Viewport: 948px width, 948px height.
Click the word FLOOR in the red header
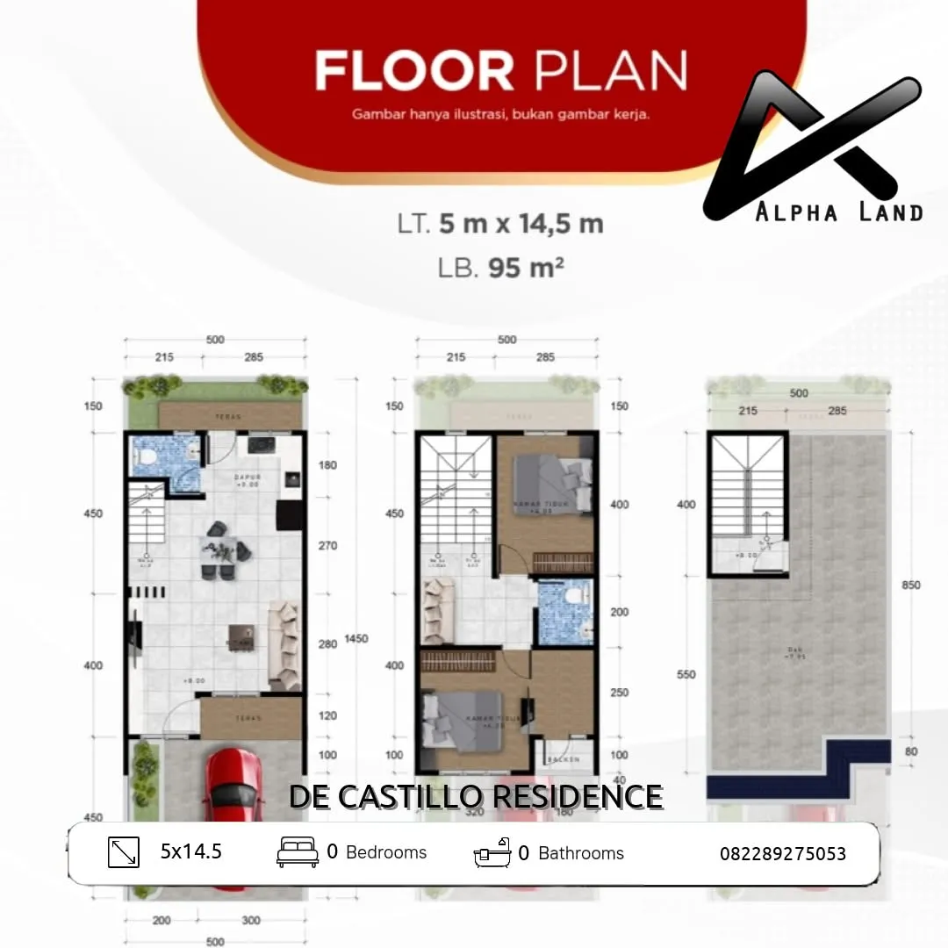point(414,72)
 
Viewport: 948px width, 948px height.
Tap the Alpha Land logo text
point(839,212)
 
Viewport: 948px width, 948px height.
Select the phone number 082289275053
point(783,853)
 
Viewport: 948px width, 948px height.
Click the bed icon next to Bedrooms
point(298,852)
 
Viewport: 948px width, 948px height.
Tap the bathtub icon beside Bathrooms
point(492,852)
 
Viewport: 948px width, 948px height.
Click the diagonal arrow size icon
point(124,852)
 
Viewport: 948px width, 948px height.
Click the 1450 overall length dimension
point(356,639)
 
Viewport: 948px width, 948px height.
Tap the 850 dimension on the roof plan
point(911,585)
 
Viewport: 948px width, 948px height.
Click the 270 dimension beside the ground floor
point(327,546)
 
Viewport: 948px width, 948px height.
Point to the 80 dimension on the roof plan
point(912,750)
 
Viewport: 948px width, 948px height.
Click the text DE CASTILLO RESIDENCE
point(476,796)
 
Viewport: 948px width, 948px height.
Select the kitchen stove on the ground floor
point(260,445)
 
